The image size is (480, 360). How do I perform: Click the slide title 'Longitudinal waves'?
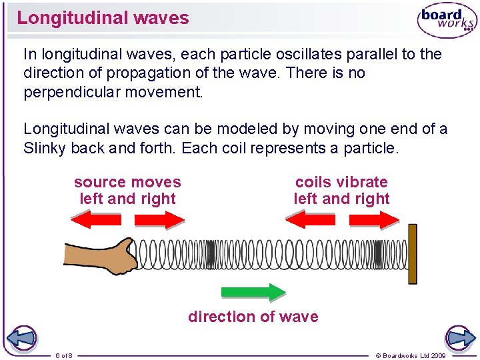pyautogui.click(x=103, y=18)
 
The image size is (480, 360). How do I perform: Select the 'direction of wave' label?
pyautogui.click(x=253, y=317)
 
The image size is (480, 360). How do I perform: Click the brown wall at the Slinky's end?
pyautogui.click(x=412, y=254)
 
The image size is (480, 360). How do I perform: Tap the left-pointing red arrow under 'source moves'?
pyautogui.click(x=96, y=219)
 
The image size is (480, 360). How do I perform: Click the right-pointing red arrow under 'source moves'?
pyautogui.click(x=159, y=219)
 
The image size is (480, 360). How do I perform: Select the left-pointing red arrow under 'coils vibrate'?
pyautogui.click(x=310, y=219)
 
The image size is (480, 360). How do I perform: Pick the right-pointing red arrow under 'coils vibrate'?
pyautogui.click(x=374, y=219)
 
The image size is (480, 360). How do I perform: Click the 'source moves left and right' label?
pyautogui.click(x=127, y=191)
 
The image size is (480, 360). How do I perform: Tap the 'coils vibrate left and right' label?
pyautogui.click(x=341, y=191)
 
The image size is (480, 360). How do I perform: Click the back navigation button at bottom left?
pyautogui.click(x=20, y=338)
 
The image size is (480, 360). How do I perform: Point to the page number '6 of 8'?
pyautogui.click(x=64, y=355)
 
